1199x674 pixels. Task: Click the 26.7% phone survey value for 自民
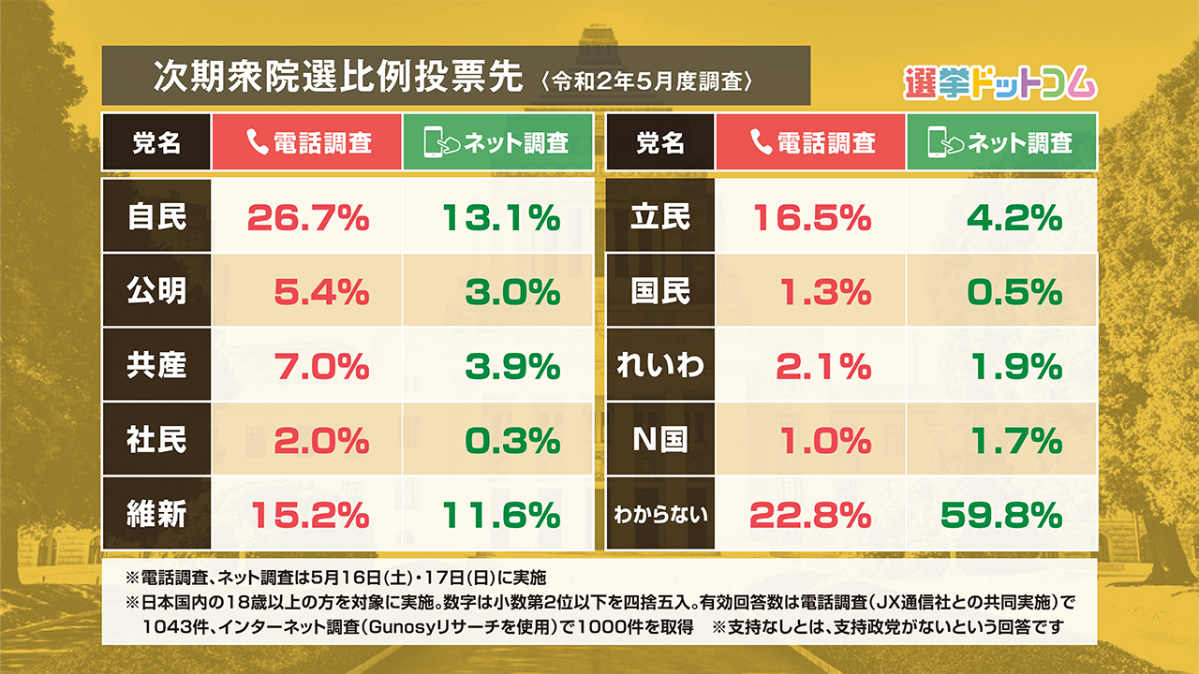(x=308, y=219)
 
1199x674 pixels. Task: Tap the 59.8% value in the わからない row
(x=1000, y=514)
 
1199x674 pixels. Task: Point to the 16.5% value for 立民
(x=811, y=219)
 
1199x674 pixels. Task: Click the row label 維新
(x=157, y=514)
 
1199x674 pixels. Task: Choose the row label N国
(x=660, y=440)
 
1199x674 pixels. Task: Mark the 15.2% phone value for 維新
(x=308, y=514)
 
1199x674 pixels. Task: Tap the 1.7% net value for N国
(x=1015, y=440)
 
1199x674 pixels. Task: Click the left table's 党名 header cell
(x=156, y=142)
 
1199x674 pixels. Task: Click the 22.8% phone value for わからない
(x=811, y=514)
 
